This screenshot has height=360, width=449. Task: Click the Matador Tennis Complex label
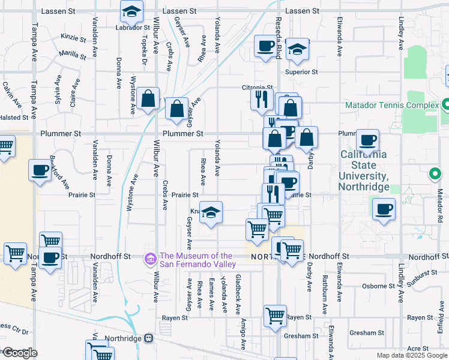392,106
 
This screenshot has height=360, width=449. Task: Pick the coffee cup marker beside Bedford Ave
40,170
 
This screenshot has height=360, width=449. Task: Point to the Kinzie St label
73,37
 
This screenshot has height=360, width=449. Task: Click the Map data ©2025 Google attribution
411,355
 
